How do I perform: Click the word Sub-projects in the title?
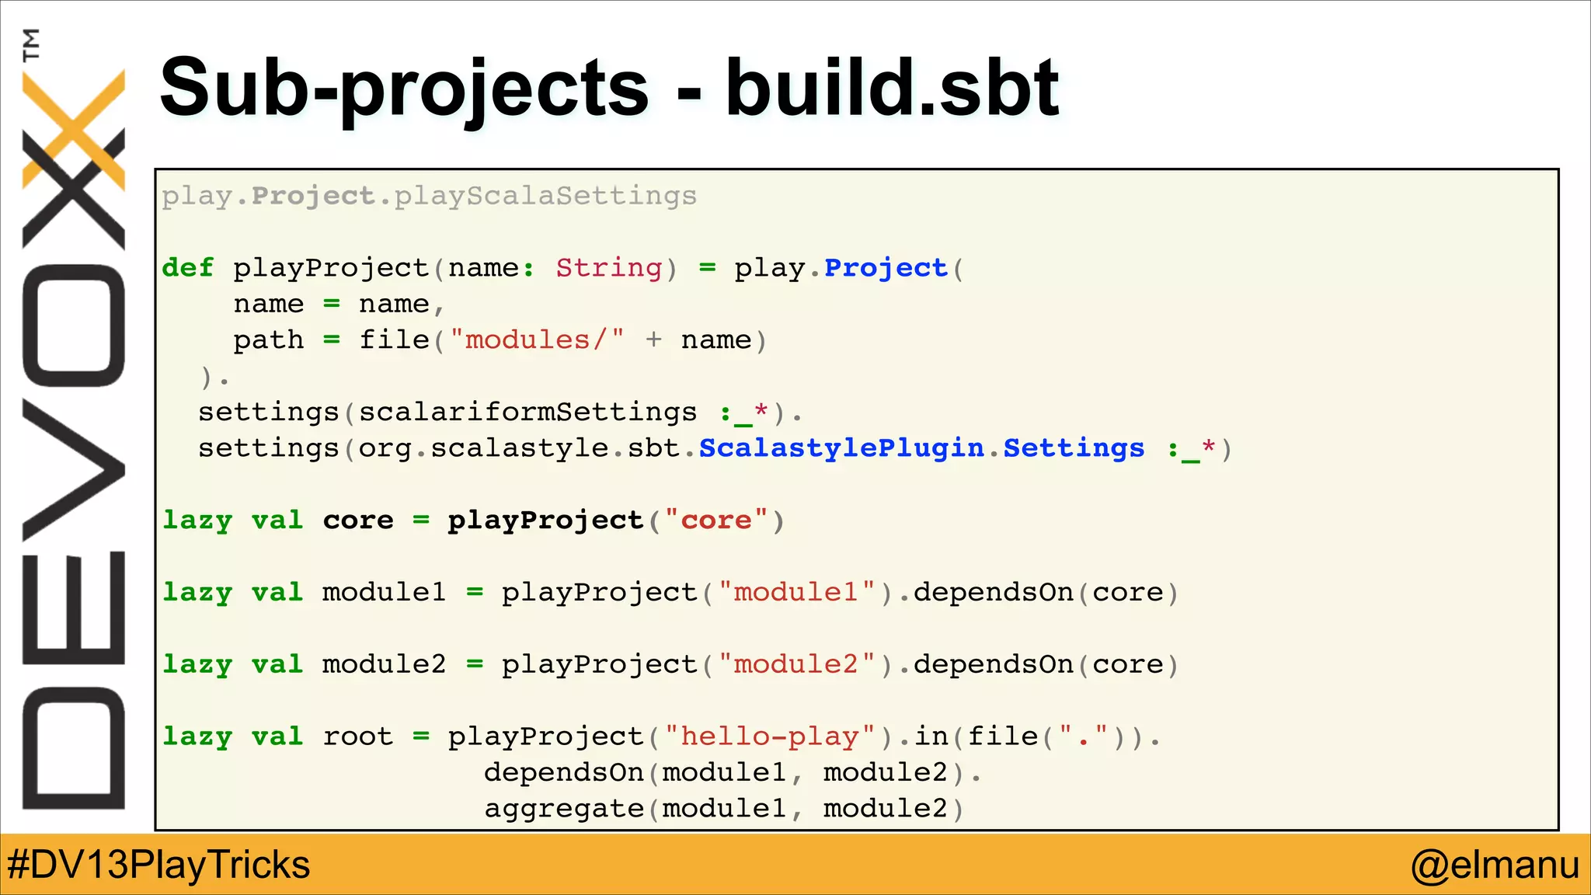tap(404, 88)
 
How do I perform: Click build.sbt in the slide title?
tap(892, 88)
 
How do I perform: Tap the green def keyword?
tap(187, 268)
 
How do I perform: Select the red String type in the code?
tap(609, 268)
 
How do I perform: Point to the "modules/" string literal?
tap(537, 340)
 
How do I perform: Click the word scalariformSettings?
tap(527, 413)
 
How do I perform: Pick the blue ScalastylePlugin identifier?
tap(841, 448)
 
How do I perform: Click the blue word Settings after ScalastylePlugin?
tap(1074, 448)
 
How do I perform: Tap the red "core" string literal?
tap(716, 521)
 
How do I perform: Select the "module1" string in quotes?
tap(796, 593)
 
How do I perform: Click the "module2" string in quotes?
tap(796, 665)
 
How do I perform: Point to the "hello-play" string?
tap(770, 737)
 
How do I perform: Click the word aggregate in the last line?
tap(564, 809)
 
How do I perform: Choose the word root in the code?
tap(358, 737)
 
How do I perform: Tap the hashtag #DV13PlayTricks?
tap(158, 865)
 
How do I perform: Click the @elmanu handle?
tap(1495, 865)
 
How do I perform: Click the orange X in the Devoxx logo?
tap(74, 128)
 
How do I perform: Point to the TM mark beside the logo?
tap(31, 44)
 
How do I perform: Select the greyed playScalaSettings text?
tap(545, 196)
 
